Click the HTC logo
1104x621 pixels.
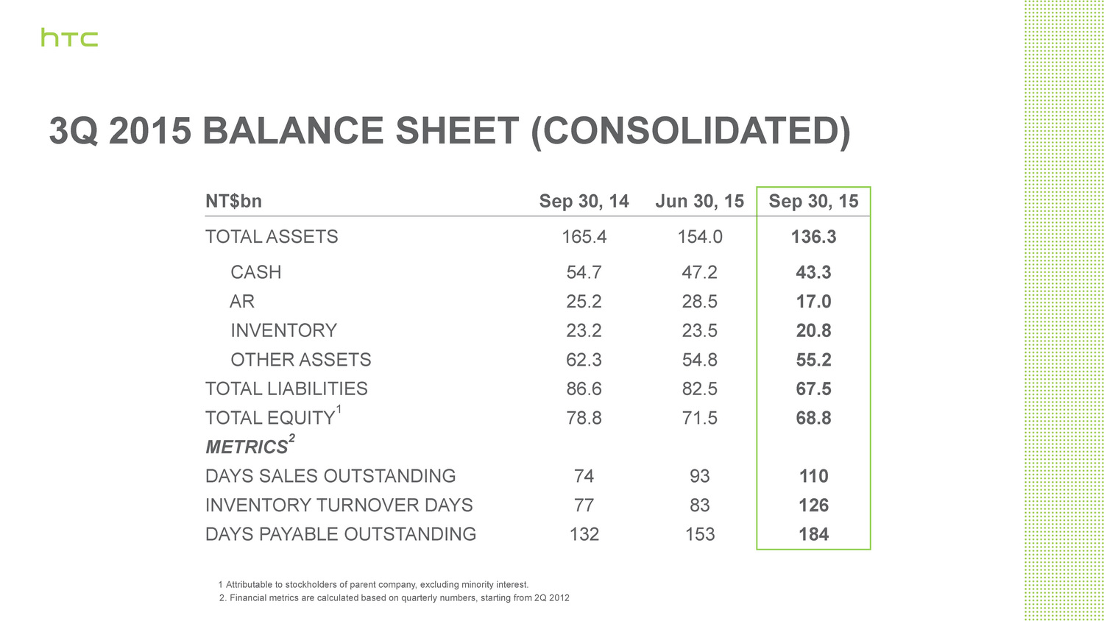click(x=69, y=38)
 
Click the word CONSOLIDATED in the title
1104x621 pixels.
click(x=690, y=132)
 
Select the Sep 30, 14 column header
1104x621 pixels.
click(x=584, y=202)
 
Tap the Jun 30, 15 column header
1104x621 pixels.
click(x=699, y=202)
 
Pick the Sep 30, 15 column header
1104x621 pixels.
click(x=813, y=202)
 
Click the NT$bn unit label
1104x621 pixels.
click(x=233, y=202)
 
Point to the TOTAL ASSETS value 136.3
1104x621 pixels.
click(x=813, y=237)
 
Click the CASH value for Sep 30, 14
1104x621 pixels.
click(x=584, y=272)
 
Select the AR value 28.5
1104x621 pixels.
click(x=699, y=302)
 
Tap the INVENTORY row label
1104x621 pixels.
click(x=283, y=330)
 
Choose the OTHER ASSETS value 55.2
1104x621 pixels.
click(x=813, y=360)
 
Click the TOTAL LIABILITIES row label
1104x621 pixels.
click(x=286, y=388)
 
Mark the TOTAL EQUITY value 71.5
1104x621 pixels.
click(x=699, y=418)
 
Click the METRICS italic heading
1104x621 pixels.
click(x=247, y=447)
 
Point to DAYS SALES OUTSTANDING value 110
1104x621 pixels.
click(x=813, y=476)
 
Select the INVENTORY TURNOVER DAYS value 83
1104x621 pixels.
click(x=699, y=505)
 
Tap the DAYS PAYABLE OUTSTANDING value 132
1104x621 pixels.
click(x=584, y=534)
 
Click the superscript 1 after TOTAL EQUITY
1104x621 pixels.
click(x=339, y=409)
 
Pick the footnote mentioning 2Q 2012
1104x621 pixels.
click(x=394, y=598)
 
